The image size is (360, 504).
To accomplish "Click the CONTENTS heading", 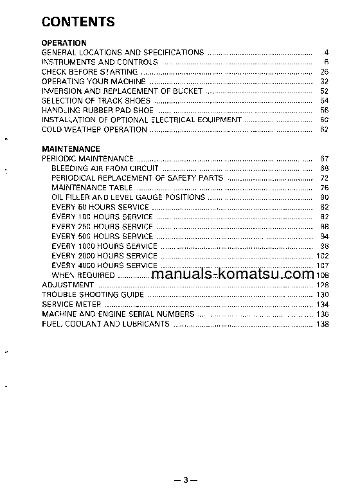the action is pos(78,22).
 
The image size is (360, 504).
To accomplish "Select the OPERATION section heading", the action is pos(64,43).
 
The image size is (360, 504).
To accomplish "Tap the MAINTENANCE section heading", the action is pos(71,148).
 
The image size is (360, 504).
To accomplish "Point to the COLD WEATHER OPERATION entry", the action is pos(94,129).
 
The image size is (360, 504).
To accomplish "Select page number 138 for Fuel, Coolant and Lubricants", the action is pos(323,323).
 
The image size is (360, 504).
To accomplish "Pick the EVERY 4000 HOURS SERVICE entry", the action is pos(104,265).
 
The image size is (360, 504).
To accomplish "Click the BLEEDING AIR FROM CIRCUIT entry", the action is pos(105,168).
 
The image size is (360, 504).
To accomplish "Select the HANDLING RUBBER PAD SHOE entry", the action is pos(97,111).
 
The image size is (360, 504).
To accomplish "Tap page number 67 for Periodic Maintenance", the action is pos(324,159).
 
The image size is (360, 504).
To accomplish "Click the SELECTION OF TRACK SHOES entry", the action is pos(96,101).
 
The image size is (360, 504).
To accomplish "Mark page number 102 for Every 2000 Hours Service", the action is pos(323,256).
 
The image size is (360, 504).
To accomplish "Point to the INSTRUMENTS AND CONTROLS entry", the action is pos(99,62).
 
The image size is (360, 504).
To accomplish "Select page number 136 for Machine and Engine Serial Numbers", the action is pos(323,314).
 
